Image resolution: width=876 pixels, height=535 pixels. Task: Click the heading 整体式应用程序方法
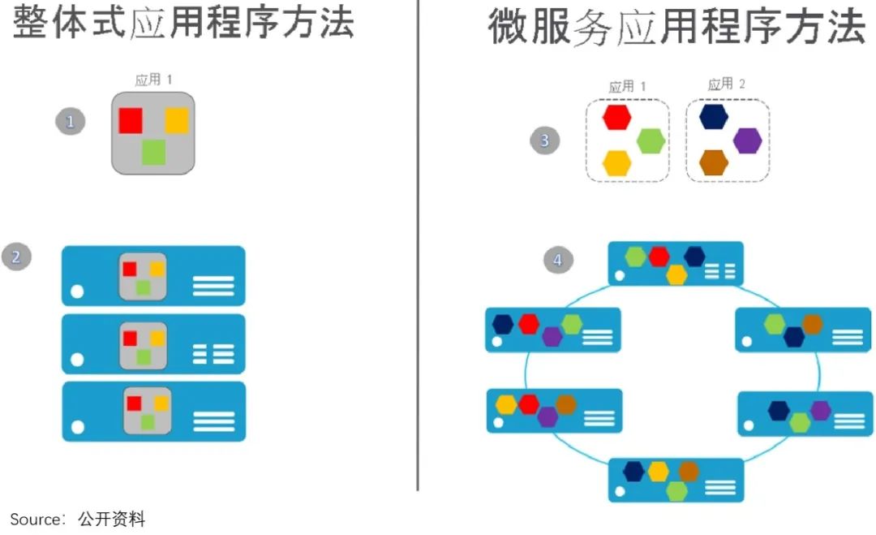point(184,23)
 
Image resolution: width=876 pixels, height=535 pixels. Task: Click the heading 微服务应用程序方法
point(676,26)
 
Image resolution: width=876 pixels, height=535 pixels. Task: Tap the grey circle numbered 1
point(71,122)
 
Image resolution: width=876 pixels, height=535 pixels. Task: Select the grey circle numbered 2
point(16,257)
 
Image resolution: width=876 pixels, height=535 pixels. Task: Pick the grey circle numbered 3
point(544,140)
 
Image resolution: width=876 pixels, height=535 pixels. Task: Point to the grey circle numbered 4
point(557,260)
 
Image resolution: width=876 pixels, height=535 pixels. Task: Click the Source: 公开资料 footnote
point(78,519)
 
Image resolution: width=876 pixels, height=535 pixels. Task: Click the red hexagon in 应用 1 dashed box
point(616,117)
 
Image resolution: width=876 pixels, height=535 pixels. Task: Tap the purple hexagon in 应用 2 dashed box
point(747,140)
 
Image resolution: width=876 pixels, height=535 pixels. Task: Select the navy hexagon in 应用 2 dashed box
point(713,117)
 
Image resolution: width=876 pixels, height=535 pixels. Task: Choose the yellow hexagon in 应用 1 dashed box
point(616,163)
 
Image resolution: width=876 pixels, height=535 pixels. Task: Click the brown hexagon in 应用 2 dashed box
point(713,162)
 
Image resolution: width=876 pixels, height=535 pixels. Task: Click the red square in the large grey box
point(131,120)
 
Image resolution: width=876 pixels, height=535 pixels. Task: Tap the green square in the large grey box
point(153,152)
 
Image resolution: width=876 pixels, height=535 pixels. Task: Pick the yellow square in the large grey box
point(177,120)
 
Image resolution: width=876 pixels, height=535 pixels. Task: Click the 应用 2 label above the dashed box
point(726,84)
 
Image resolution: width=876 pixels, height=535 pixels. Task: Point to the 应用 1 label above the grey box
point(153,80)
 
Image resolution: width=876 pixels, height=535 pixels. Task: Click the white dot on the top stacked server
point(78,291)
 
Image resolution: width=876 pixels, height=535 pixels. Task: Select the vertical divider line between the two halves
point(418,244)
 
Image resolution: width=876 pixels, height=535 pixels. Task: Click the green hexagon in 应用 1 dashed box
point(651,140)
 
